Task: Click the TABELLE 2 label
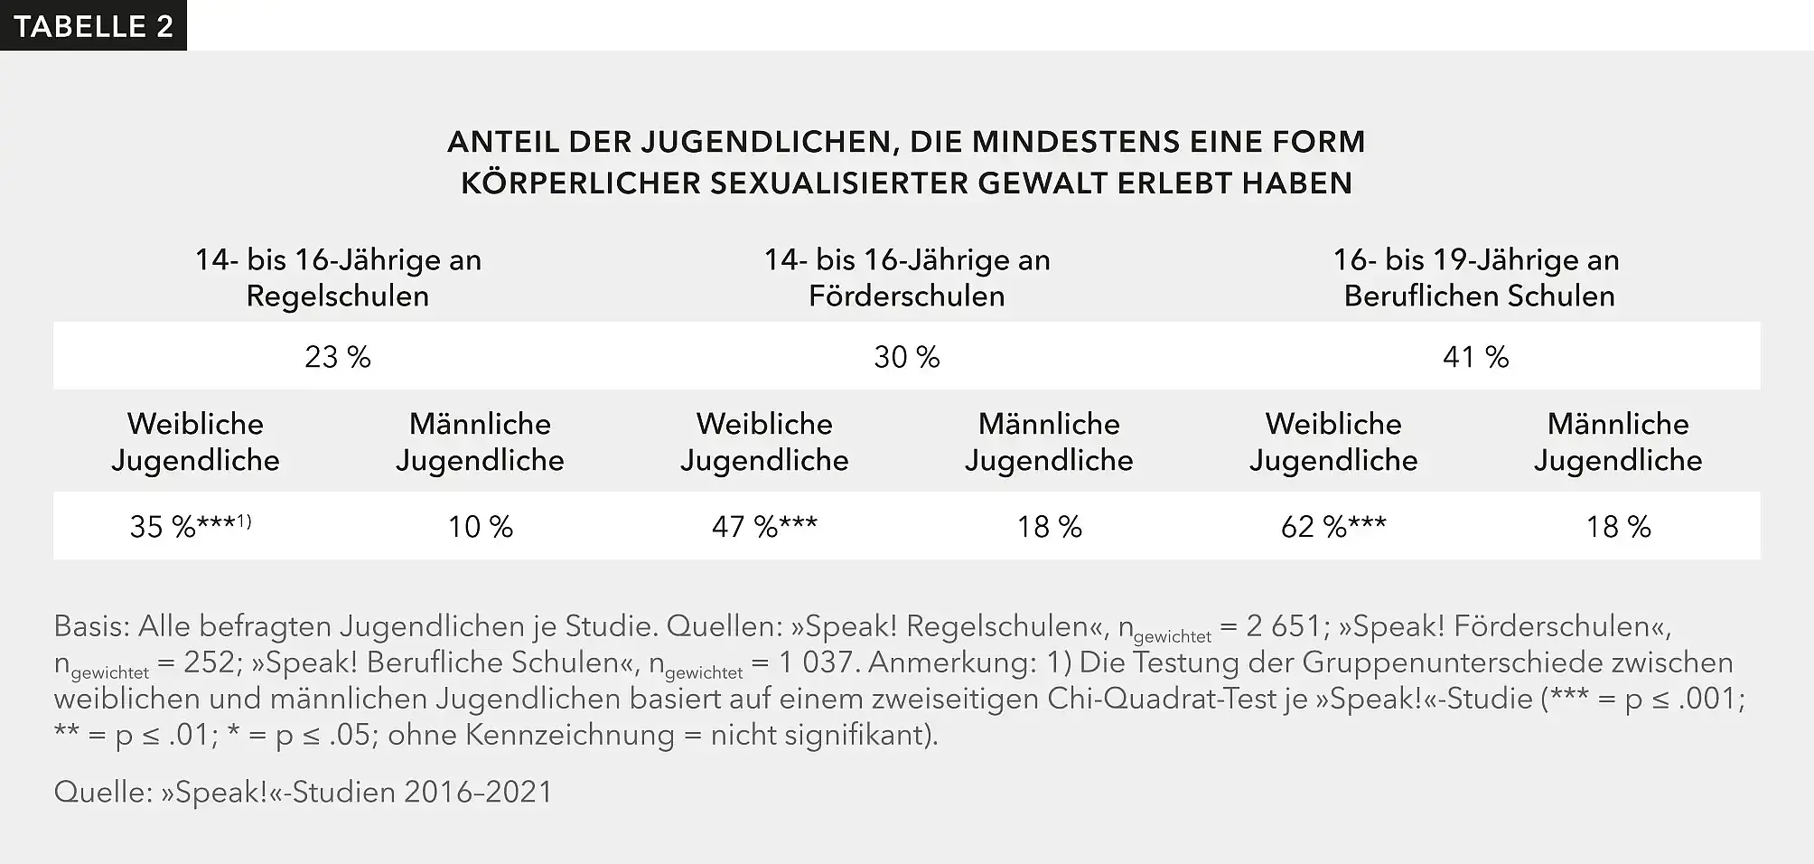coord(93,25)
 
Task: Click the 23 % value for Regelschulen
coord(337,357)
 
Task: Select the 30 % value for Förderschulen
coord(906,357)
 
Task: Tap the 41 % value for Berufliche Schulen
coord(1475,357)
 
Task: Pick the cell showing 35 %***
coord(181,526)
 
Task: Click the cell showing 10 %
coord(480,526)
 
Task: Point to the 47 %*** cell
coord(764,526)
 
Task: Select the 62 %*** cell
coord(1333,526)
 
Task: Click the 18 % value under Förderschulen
coord(1049,526)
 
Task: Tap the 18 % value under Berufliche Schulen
coord(1618,526)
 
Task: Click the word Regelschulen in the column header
coord(337,296)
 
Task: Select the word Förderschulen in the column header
coord(906,296)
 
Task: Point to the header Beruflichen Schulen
coord(1479,296)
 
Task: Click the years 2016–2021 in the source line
coord(478,792)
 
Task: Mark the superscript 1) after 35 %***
coord(243,521)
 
